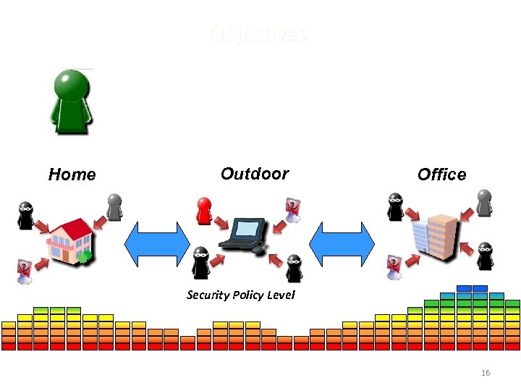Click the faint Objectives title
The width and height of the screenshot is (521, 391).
pyautogui.click(x=259, y=34)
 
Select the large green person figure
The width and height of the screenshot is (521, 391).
pyautogui.click(x=71, y=101)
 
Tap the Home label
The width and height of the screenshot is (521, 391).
pyautogui.click(x=72, y=175)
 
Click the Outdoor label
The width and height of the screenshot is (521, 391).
pyautogui.click(x=254, y=174)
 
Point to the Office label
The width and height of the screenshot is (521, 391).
pyautogui.click(x=441, y=175)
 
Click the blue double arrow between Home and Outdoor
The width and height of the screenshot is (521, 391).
pyautogui.click(x=157, y=244)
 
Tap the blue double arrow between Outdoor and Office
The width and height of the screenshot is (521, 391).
pyautogui.click(x=342, y=244)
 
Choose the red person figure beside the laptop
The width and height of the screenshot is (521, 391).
pyautogui.click(x=205, y=211)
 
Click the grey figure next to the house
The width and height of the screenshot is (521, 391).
pyautogui.click(x=114, y=206)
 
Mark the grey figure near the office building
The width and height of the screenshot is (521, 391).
pyautogui.click(x=484, y=203)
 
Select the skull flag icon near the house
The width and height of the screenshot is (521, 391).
pyautogui.click(x=23, y=271)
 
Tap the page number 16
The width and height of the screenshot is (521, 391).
pyautogui.click(x=486, y=373)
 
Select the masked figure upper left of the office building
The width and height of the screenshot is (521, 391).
pyautogui.click(x=395, y=206)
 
